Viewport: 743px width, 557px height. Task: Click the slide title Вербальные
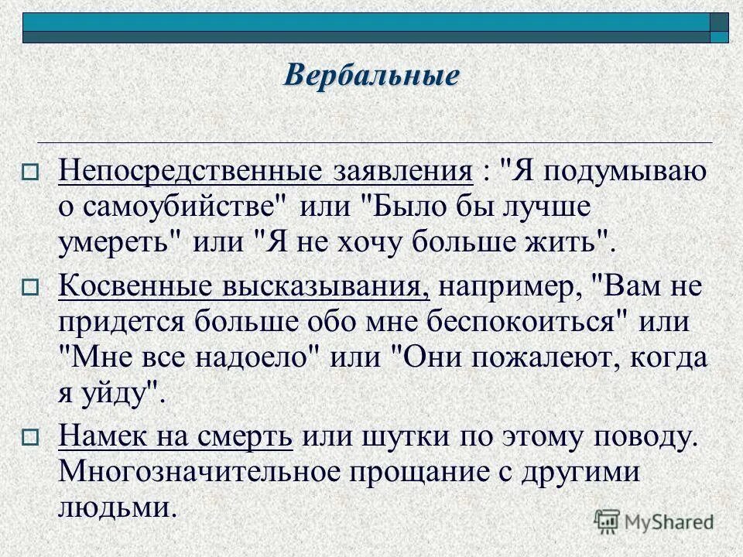[x=371, y=75]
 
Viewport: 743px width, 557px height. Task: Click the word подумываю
[x=619, y=172]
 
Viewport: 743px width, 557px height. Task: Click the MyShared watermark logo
[x=655, y=521]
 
